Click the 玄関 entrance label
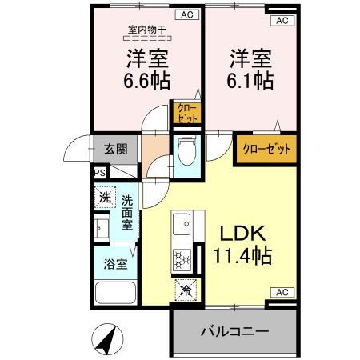pos(115,148)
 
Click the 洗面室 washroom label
pos(128,212)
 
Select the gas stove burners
pos(181,259)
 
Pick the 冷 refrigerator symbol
pos(186,290)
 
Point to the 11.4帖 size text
pos(243,257)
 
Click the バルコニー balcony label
pos(234,330)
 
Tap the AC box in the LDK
pos(282,291)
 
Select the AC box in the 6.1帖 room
pos(281,20)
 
